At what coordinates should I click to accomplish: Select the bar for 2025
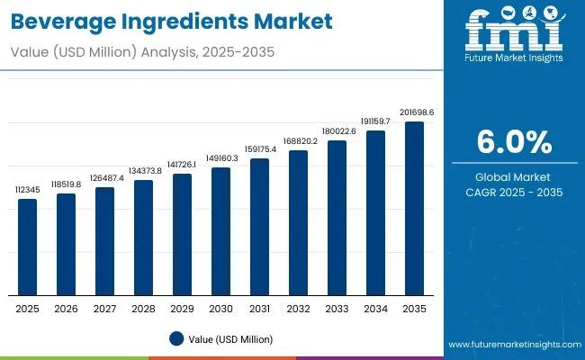(28, 247)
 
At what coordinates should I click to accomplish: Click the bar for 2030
(220, 232)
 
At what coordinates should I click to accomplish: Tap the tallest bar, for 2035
(414, 209)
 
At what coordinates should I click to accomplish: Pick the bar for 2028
(143, 238)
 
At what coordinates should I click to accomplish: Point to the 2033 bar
(337, 219)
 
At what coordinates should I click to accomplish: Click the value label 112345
(28, 190)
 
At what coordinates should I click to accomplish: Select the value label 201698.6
(414, 112)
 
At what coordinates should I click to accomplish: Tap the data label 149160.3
(220, 158)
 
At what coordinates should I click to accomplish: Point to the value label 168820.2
(298, 141)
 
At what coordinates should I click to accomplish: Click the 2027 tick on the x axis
(105, 309)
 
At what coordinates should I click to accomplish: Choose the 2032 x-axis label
(298, 309)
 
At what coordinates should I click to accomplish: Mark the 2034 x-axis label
(375, 309)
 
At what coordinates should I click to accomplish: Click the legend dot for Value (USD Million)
(177, 338)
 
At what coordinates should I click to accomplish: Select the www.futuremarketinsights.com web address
(510, 345)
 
